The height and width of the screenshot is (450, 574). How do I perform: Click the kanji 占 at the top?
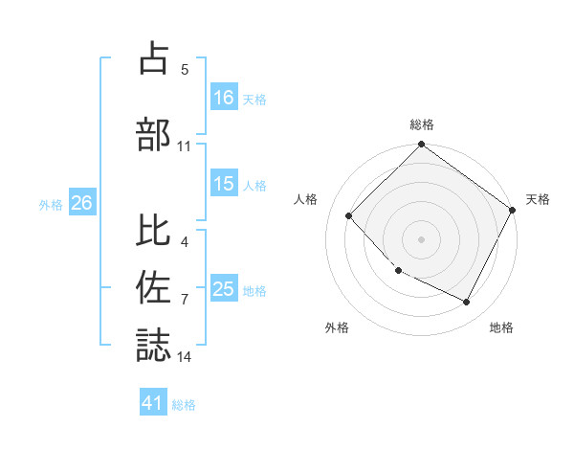tap(154, 59)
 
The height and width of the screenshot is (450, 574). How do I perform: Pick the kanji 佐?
tap(154, 288)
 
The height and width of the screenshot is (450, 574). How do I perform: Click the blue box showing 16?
tap(224, 98)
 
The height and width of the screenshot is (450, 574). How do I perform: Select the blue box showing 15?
tap(224, 184)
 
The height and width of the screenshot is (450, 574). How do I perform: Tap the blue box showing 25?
tap(224, 290)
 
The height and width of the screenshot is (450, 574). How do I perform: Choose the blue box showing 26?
tap(81, 203)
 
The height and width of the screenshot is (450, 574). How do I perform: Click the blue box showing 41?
tap(153, 404)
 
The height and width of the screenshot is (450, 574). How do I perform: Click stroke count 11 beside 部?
tap(185, 146)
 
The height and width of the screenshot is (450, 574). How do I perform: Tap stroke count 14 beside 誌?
tap(185, 357)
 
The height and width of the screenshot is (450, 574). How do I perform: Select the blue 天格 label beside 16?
tap(254, 99)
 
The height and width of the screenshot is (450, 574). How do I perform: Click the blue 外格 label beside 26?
tap(51, 204)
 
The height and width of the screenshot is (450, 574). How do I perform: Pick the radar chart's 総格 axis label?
tap(422, 124)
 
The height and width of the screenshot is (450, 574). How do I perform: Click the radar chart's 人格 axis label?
tap(306, 199)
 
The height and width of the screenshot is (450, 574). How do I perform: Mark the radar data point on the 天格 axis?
tap(514, 211)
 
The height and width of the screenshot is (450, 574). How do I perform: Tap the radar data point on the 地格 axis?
tap(467, 303)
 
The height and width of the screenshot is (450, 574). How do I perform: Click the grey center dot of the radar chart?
tap(421, 238)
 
